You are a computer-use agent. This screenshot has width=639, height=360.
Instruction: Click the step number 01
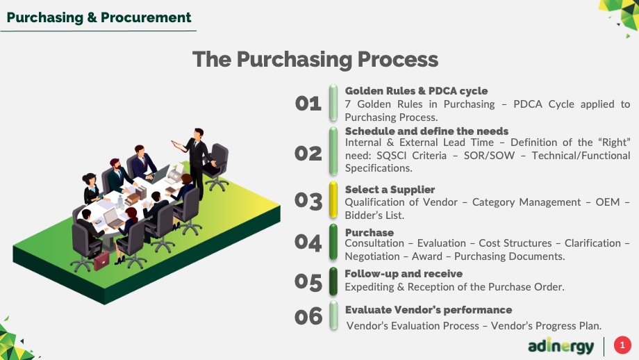point(308,104)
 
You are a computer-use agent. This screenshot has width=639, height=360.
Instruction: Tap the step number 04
point(308,243)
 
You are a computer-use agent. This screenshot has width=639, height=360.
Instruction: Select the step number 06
point(308,317)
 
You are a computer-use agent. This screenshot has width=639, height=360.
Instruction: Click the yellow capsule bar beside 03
point(333,199)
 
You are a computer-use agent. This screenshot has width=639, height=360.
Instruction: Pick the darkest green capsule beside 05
point(333,281)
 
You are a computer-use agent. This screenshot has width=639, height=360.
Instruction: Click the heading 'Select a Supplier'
point(390,190)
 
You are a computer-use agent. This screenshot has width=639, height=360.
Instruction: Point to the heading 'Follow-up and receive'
point(404,274)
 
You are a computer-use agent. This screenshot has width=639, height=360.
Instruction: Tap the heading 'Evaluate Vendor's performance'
point(429,310)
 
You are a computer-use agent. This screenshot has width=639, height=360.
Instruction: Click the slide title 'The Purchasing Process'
point(315,60)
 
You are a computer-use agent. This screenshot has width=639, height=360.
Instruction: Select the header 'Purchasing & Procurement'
point(99,17)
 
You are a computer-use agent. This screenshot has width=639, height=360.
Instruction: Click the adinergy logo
point(561,346)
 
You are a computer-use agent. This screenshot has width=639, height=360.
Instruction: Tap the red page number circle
point(622,345)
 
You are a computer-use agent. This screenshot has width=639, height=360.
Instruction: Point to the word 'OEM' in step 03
point(607,202)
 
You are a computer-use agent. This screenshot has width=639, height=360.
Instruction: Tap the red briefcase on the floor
point(101,261)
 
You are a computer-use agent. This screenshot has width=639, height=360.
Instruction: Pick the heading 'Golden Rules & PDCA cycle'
point(416,91)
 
